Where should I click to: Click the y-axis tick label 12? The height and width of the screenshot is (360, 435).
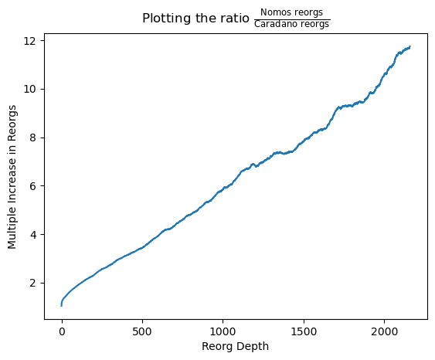[30, 41]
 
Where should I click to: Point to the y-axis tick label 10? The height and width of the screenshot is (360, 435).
[30, 90]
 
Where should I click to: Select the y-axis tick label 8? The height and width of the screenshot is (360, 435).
[33, 138]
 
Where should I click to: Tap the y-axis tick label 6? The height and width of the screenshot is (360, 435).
[33, 186]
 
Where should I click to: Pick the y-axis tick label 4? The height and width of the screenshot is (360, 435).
[33, 235]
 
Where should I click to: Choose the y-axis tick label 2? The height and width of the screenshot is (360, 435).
[33, 284]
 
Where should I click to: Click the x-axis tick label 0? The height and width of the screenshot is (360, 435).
[62, 331]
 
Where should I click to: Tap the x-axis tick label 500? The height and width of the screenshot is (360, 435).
[142, 331]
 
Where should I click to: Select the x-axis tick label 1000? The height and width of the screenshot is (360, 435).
[223, 331]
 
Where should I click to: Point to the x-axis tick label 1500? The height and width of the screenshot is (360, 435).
[304, 331]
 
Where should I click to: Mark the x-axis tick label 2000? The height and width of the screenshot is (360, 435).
[384, 331]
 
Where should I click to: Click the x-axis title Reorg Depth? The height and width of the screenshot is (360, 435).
[235, 346]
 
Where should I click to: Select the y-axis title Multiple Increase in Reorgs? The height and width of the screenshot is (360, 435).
[12, 177]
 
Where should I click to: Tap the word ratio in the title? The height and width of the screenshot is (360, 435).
[235, 19]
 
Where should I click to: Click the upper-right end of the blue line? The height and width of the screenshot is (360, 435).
[410, 46]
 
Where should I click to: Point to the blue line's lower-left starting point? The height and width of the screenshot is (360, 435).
[61, 306]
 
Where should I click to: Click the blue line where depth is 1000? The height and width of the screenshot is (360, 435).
[223, 189]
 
